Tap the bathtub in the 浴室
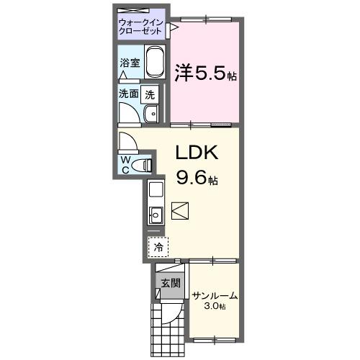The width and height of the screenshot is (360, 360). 156,63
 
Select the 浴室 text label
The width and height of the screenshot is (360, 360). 130,63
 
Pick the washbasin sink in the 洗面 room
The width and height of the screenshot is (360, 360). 152,114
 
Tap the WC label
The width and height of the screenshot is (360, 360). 126,163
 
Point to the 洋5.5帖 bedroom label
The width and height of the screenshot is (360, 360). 206,73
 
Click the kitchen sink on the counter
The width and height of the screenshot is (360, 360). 156,214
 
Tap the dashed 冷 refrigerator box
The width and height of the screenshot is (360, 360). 158,246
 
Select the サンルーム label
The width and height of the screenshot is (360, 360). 215,295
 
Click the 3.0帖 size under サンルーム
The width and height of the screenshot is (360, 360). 215,307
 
